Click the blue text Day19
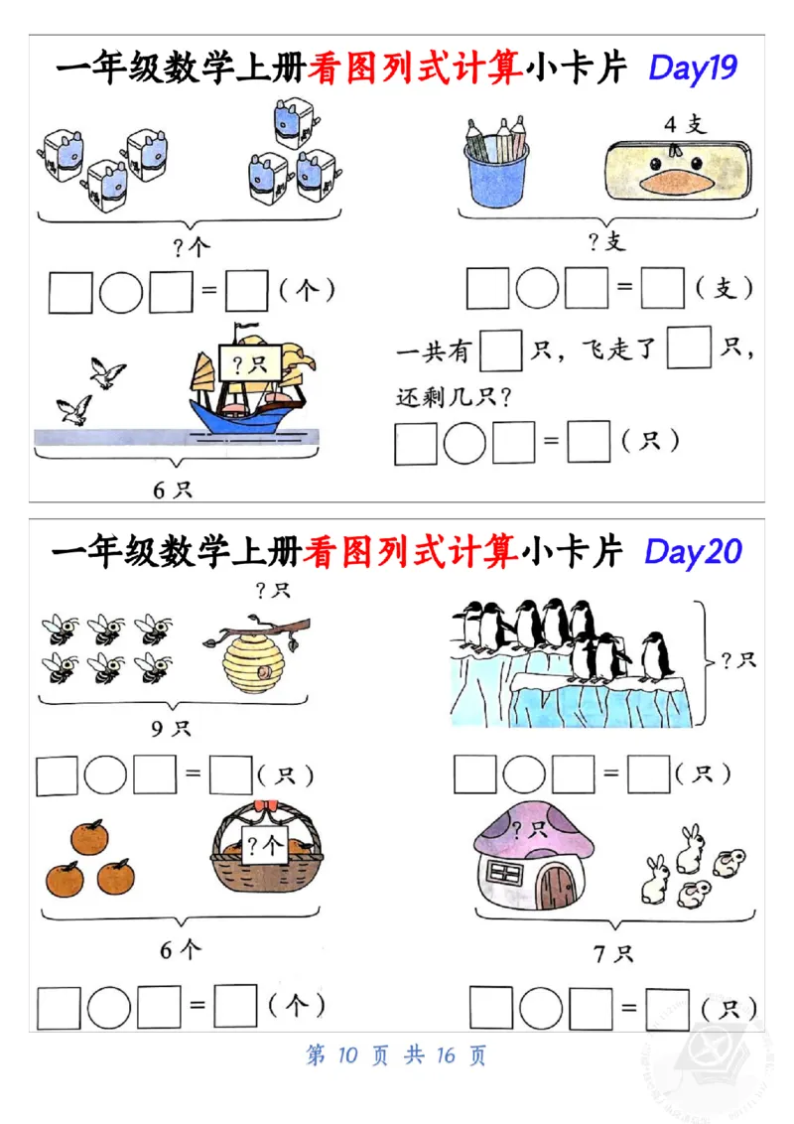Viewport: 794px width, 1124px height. [x=692, y=68]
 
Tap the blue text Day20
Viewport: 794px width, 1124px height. [x=693, y=551]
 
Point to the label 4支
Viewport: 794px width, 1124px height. [x=684, y=125]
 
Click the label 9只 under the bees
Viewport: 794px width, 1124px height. [x=171, y=730]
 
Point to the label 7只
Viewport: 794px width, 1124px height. [x=612, y=954]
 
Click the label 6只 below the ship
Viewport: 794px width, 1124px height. [x=172, y=489]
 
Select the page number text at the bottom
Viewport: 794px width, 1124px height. [x=396, y=1054]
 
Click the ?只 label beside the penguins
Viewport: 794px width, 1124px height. [x=738, y=659]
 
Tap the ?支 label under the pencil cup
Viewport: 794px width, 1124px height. [x=607, y=242]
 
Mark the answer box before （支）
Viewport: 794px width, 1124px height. [x=662, y=289]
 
